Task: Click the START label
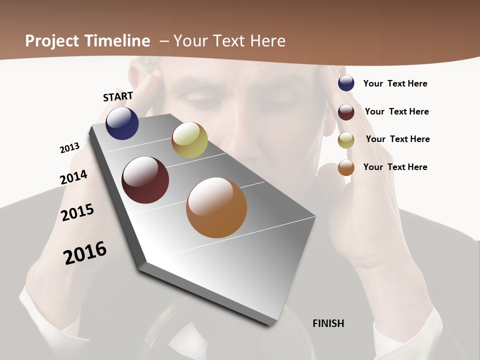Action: [x=118, y=96]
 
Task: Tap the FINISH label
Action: [x=328, y=323]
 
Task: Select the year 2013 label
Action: [x=69, y=148]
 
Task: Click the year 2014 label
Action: [x=73, y=177]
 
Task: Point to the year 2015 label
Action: [x=77, y=212]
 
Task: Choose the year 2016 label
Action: [x=85, y=252]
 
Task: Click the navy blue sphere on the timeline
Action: [x=122, y=123]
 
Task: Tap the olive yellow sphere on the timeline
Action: [x=189, y=140]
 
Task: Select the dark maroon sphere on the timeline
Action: [x=145, y=180]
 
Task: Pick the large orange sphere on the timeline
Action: [x=216, y=207]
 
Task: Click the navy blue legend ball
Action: [x=346, y=83]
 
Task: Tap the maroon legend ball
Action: [x=346, y=112]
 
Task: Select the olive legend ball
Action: [x=346, y=140]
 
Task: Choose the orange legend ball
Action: [x=346, y=167]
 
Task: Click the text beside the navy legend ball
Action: [x=395, y=83]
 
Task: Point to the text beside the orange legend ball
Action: [x=395, y=167]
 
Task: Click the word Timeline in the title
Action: [x=118, y=41]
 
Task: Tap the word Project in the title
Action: [x=51, y=41]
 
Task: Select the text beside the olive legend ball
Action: [x=397, y=139]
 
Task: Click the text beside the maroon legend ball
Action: [x=396, y=111]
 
